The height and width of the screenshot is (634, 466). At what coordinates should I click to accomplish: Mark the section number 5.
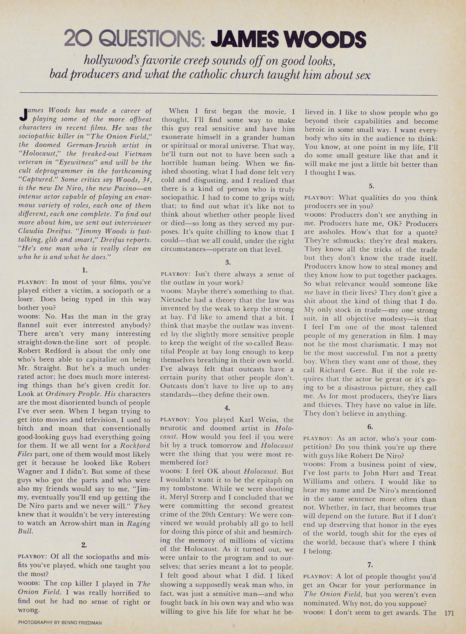(x=371, y=186)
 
